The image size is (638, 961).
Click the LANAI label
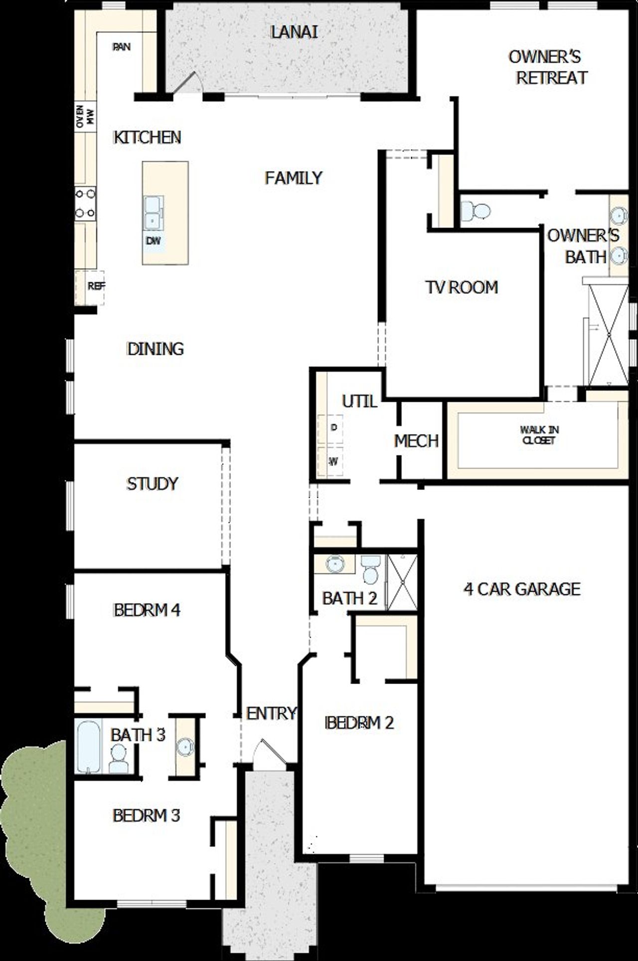pos(294,32)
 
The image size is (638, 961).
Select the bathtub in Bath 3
pos(89,746)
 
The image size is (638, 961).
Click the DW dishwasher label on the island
pos(154,240)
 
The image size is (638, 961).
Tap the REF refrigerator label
pos(96,286)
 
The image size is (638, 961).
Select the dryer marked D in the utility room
pos(334,428)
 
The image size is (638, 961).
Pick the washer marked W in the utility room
pos(333,462)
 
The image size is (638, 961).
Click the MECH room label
pos(416,441)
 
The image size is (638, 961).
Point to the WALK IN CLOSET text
pos(539,435)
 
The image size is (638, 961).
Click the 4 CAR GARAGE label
pos(522,589)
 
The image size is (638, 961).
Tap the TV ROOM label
pos(462,287)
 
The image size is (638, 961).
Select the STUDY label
pos(152,483)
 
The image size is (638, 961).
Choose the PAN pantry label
pos(122,47)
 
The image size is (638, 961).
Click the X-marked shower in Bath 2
pos(402,581)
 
